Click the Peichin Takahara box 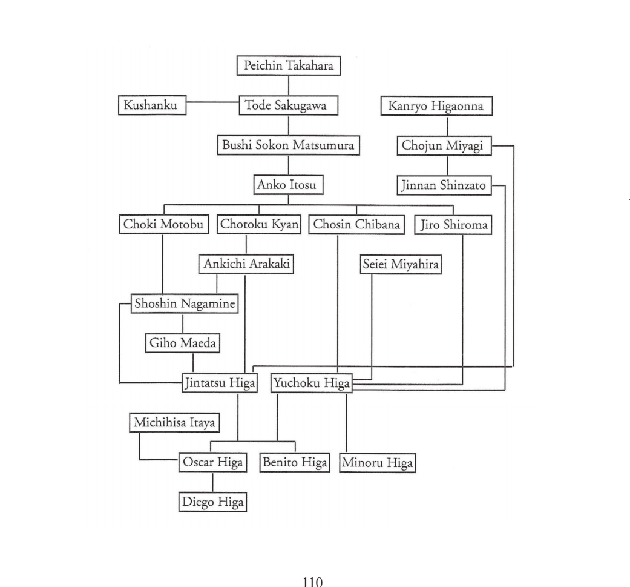click(289, 65)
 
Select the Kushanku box click(153, 105)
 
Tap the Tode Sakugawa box click(289, 105)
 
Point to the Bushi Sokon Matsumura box click(289, 145)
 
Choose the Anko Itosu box click(289, 185)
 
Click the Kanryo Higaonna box click(437, 106)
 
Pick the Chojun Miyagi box click(444, 145)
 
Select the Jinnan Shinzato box click(444, 185)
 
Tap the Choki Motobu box click(164, 224)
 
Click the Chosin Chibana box click(357, 225)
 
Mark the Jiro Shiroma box click(453, 225)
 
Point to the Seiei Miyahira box click(401, 264)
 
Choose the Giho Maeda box click(183, 343)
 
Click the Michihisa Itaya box click(174, 423)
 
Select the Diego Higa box click(212, 502)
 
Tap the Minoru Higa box click(378, 463)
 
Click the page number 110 click(313, 582)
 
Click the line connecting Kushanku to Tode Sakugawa click(213, 102)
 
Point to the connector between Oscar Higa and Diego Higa click(213, 482)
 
